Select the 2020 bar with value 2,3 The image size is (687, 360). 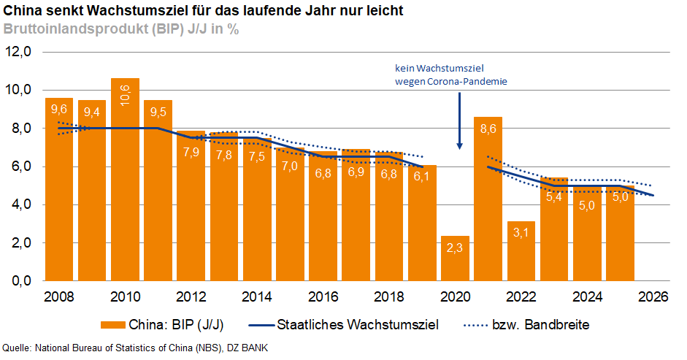pos(455,258)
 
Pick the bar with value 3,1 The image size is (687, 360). pos(521,251)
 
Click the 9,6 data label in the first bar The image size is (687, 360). pos(59,110)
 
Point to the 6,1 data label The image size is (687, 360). pos(422,177)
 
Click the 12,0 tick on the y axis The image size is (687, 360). pos(20,53)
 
